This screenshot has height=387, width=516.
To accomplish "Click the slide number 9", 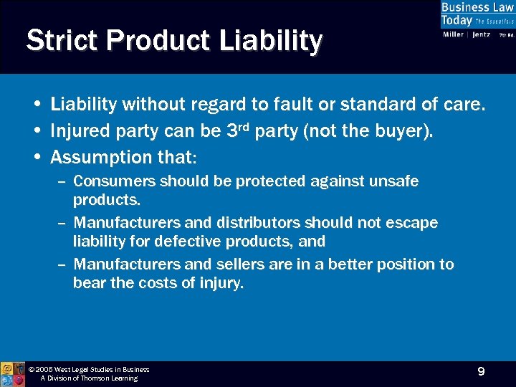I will point(481,371).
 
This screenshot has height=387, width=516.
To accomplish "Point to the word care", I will point(465,105).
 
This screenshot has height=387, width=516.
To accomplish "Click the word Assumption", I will point(101,157).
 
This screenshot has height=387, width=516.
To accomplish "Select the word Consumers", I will point(115,181).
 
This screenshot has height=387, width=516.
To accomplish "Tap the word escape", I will point(412,223).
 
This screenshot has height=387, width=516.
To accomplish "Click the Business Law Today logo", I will point(477,14).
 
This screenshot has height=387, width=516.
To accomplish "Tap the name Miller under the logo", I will point(453,34).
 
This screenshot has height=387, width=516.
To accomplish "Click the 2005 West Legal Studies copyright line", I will point(88,370).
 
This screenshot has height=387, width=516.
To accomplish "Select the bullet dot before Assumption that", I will point(37,157).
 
